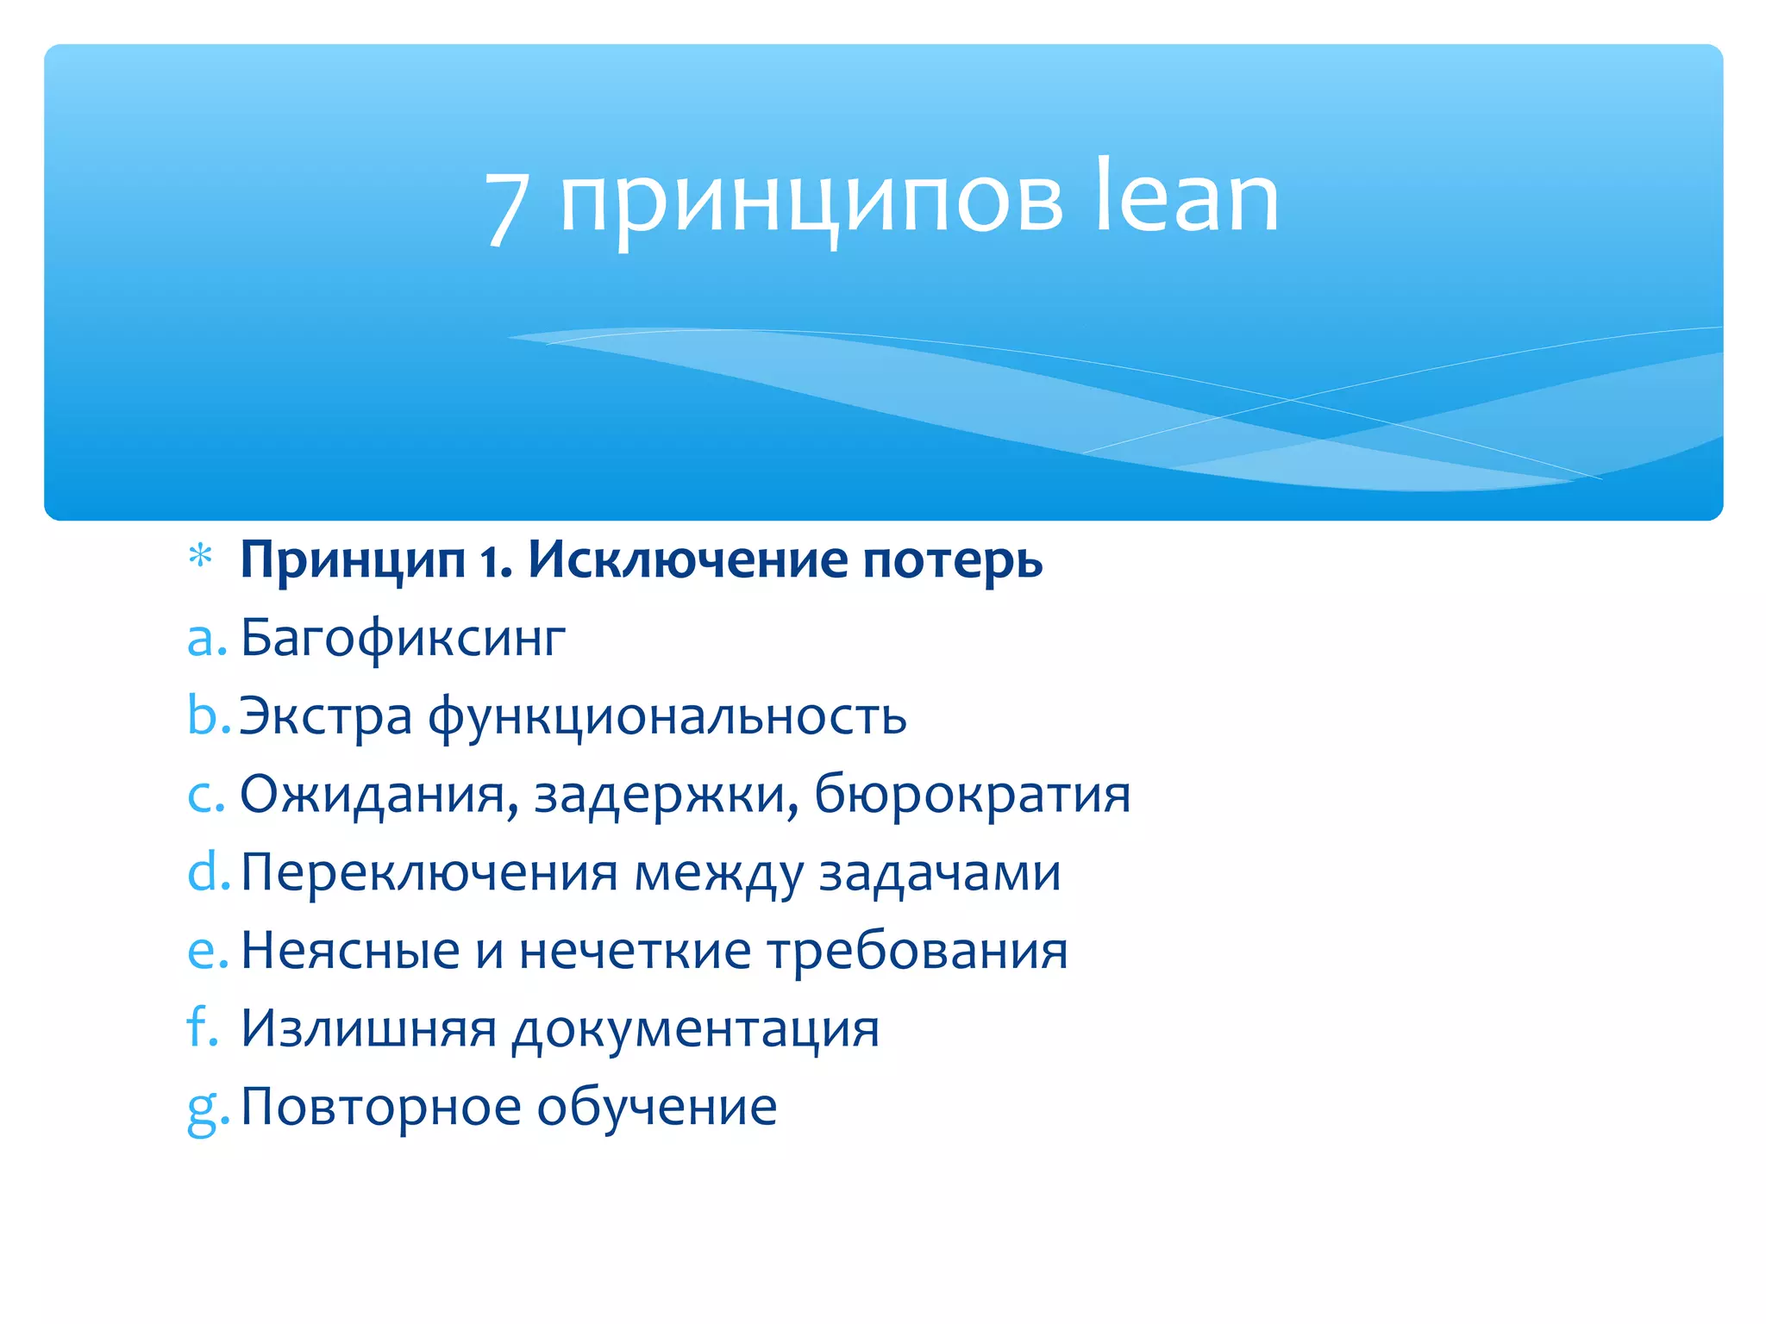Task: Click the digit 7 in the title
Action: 506,207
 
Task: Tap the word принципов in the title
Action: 811,203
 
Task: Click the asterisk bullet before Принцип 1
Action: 200,557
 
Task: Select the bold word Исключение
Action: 688,560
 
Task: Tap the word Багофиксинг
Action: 402,639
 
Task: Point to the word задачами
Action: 939,873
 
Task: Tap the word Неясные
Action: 350,951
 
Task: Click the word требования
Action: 917,951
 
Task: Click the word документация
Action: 695,1030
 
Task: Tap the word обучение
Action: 657,1108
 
